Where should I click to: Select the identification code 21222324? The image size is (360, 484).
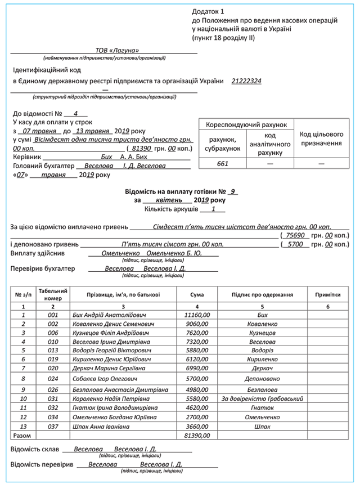246,81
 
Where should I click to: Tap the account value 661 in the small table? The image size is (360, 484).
223,163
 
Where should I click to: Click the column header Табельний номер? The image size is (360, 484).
53,294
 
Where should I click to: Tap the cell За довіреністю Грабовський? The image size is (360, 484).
262,398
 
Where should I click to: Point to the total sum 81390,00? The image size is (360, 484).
197,436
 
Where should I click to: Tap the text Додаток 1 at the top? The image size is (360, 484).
208,11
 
